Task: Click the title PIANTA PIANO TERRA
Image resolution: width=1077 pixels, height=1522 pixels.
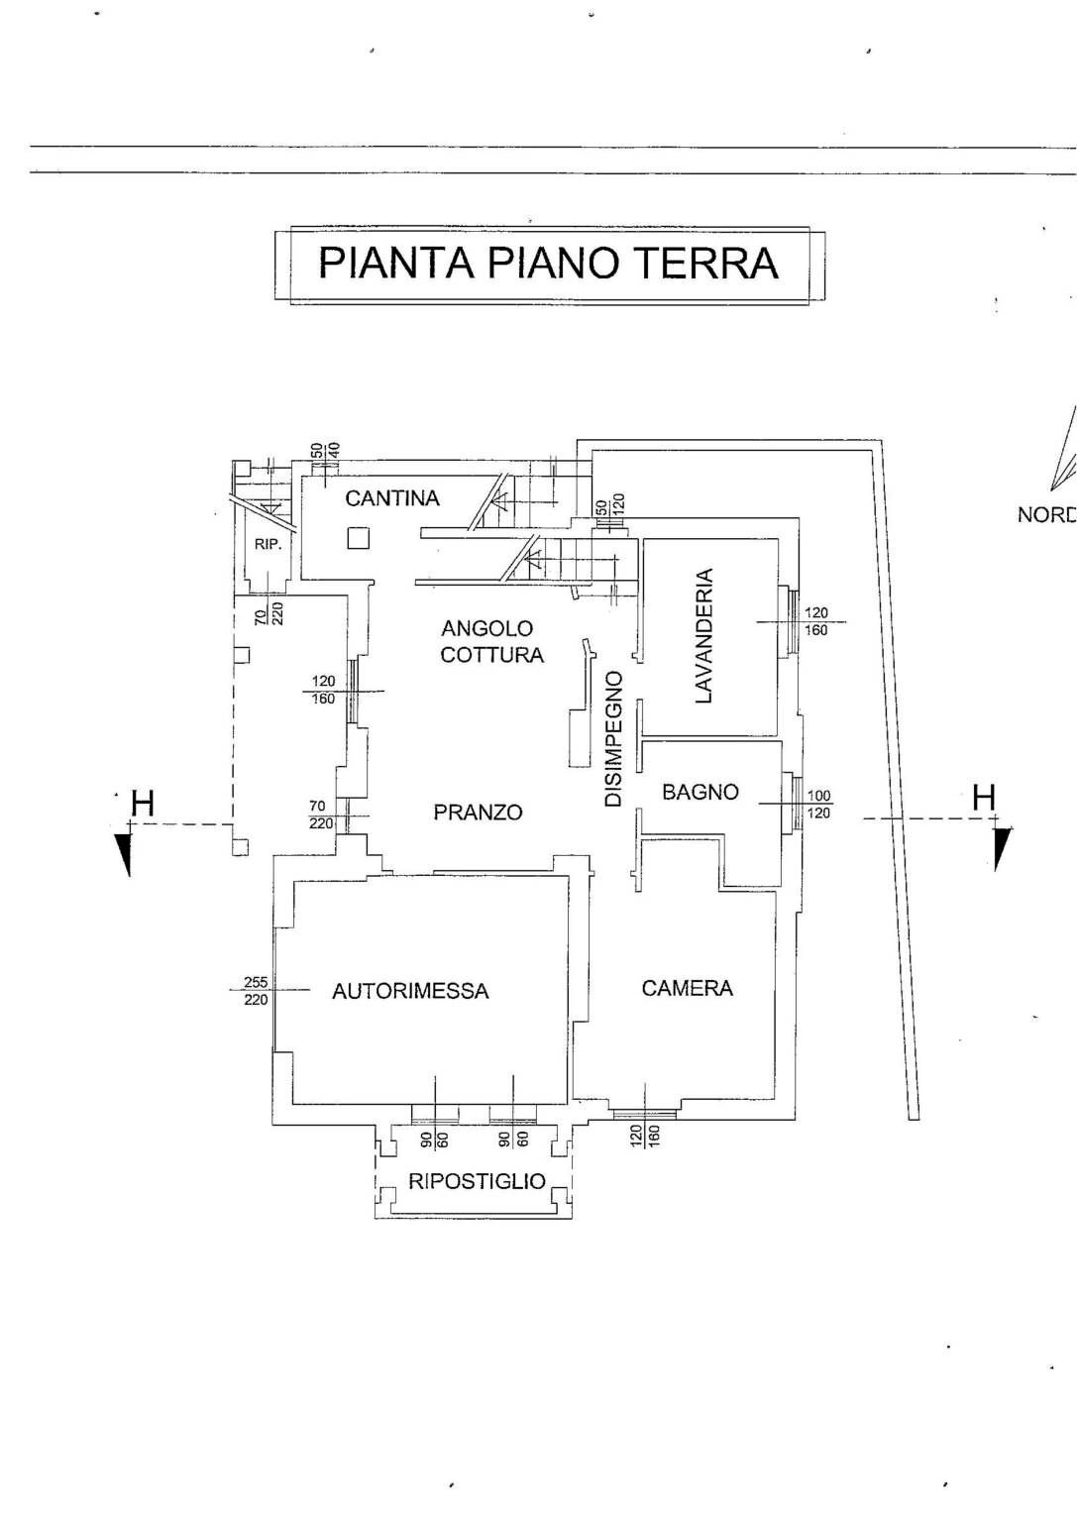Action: pyautogui.click(x=548, y=263)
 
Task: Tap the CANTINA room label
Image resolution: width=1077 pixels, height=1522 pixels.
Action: pyautogui.click(x=391, y=497)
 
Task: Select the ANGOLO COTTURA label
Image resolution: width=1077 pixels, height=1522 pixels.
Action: pyautogui.click(x=491, y=641)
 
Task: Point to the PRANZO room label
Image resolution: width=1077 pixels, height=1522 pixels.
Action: pyautogui.click(x=478, y=812)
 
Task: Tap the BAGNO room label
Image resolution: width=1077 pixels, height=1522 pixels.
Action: pyautogui.click(x=700, y=792)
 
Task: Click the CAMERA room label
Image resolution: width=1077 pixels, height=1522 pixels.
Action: pyautogui.click(x=687, y=988)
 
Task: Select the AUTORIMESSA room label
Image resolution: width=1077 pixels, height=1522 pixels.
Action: pyautogui.click(x=410, y=991)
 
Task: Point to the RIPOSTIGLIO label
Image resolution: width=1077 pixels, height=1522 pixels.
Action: pyautogui.click(x=477, y=1181)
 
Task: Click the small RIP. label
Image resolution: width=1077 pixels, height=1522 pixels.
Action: pyautogui.click(x=268, y=544)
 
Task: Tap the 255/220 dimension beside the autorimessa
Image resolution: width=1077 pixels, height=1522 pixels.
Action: pyautogui.click(x=256, y=991)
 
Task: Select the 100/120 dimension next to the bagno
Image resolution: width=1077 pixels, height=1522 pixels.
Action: pyautogui.click(x=818, y=804)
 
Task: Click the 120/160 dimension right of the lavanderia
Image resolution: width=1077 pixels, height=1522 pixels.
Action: pyautogui.click(x=815, y=621)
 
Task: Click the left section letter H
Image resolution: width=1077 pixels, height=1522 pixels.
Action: pyautogui.click(x=143, y=804)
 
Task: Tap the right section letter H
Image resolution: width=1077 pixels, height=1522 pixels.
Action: pyautogui.click(x=983, y=797)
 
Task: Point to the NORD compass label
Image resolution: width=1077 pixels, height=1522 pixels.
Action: pyautogui.click(x=1046, y=514)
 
